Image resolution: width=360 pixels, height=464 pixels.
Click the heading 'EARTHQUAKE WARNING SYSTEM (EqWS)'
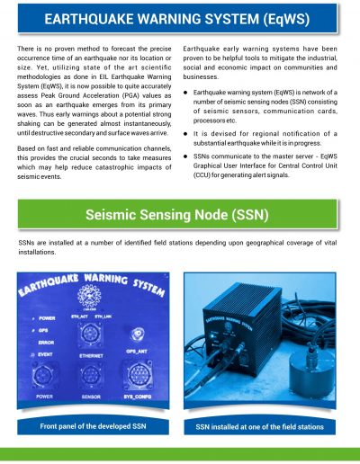[180, 19]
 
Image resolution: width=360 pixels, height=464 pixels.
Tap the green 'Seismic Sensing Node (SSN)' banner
[180, 214]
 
